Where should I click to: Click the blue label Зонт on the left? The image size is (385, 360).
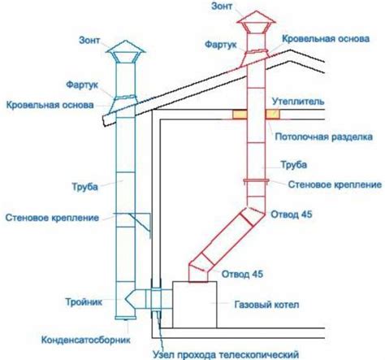91,38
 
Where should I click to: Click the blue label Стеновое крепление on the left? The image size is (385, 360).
52,218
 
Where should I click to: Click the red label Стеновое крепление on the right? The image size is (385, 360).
329,186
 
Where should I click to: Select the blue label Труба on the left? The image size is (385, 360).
84,187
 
